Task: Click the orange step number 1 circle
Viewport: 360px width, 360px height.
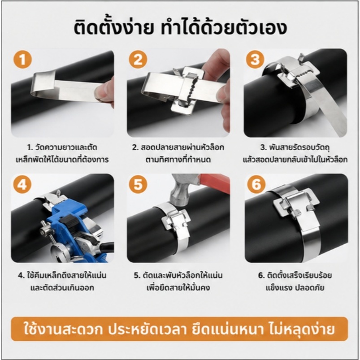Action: (x=22, y=60)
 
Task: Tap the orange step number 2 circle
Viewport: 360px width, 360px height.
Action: (x=138, y=59)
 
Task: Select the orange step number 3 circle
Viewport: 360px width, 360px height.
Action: (x=255, y=59)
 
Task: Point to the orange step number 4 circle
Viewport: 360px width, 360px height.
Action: (x=22, y=184)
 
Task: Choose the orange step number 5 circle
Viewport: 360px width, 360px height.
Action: (x=138, y=184)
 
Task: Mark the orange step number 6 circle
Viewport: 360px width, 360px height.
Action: (x=256, y=184)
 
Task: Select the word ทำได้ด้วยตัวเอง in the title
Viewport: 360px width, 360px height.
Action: (x=224, y=28)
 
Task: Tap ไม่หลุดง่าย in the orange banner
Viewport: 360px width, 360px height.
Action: (x=301, y=329)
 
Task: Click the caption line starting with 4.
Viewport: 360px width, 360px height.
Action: (x=62, y=275)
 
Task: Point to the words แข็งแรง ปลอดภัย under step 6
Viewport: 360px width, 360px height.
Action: (x=295, y=288)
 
